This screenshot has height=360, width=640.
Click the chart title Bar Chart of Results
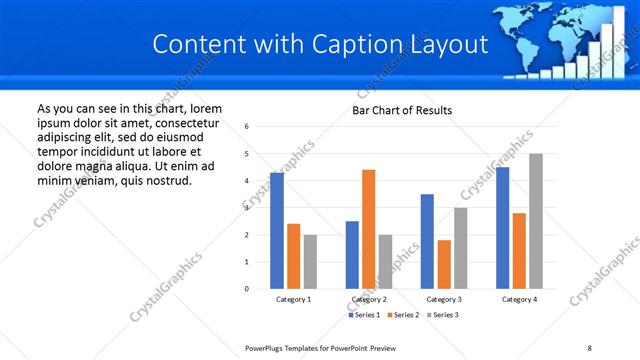(402, 110)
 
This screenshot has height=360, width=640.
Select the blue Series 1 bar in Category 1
(277, 231)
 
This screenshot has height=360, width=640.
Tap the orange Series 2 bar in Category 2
(368, 229)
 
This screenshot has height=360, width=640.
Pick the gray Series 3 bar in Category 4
(536, 221)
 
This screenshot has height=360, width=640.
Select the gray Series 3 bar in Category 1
(310, 261)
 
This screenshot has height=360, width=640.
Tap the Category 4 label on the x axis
(519, 299)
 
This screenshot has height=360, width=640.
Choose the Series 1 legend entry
(364, 315)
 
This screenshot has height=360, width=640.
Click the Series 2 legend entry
(403, 315)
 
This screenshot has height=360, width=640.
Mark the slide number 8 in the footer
(589, 348)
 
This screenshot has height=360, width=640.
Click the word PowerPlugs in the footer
(268, 348)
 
